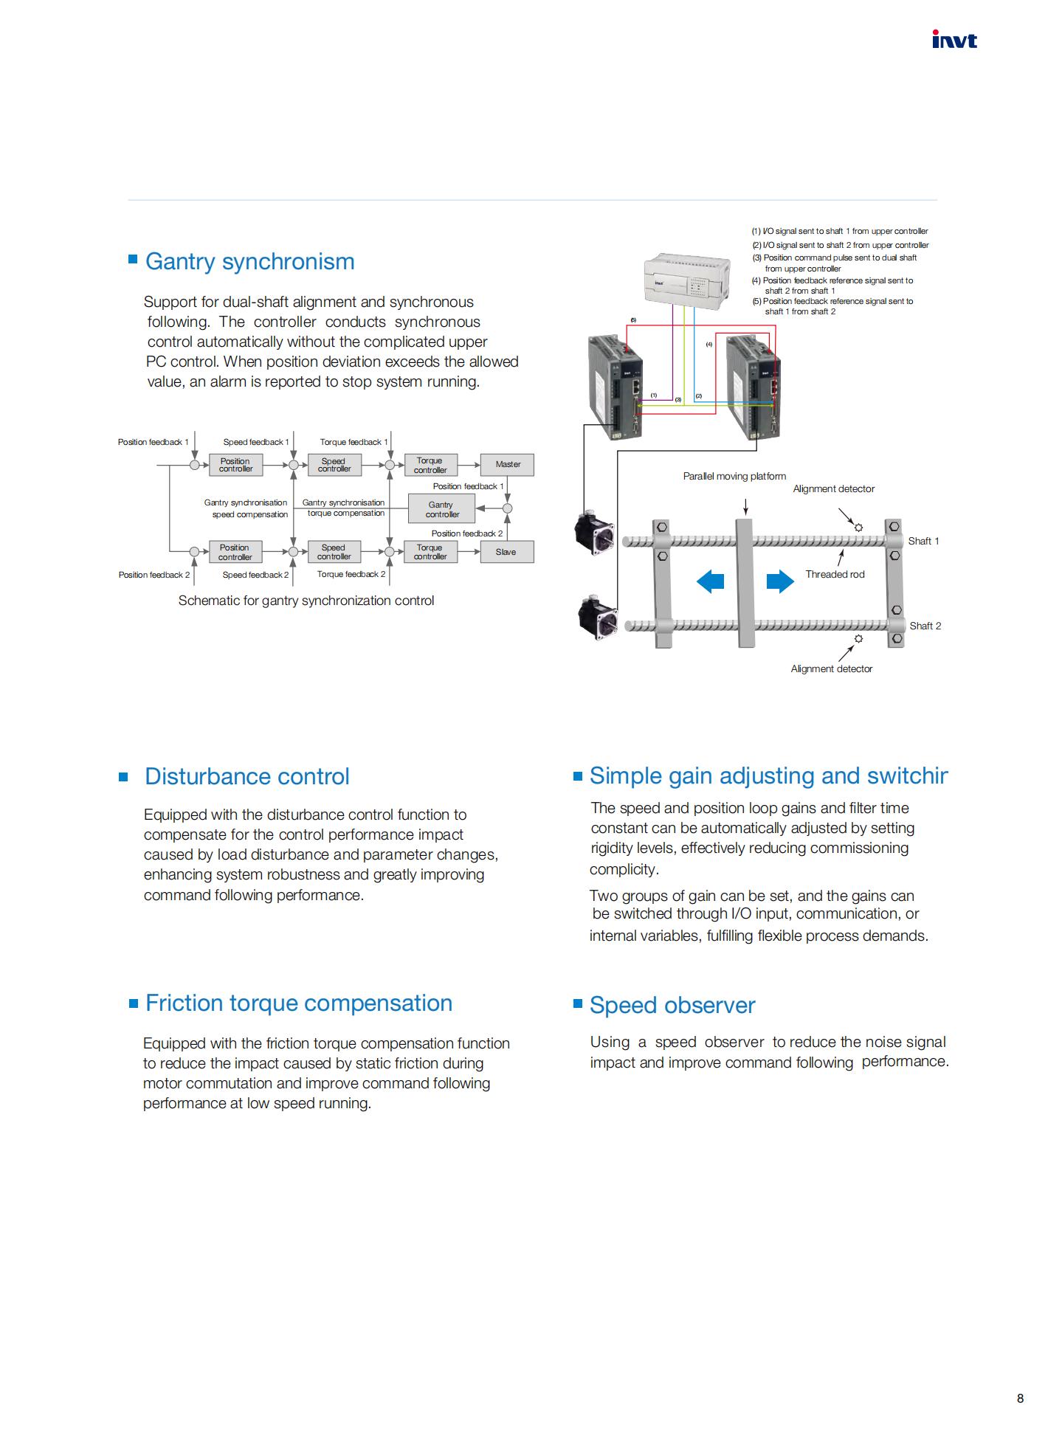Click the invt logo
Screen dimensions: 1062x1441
[x=954, y=40]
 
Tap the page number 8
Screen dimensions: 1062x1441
[x=1020, y=1398]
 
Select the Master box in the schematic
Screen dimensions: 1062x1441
[x=508, y=464]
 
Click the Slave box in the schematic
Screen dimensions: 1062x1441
[x=506, y=552]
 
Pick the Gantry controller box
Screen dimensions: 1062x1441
[x=442, y=509]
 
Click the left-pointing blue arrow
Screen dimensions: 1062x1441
[x=710, y=581]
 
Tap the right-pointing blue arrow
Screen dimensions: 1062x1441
[x=780, y=581]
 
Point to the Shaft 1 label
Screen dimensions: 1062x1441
[x=923, y=541]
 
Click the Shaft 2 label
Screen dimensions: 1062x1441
[x=925, y=626]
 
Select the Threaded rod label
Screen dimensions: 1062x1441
[x=835, y=574]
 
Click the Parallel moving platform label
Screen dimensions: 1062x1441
[x=734, y=476]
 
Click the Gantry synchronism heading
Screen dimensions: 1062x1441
[x=249, y=261]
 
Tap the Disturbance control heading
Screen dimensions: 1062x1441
[x=247, y=776]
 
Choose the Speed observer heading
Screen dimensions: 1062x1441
[x=672, y=1005]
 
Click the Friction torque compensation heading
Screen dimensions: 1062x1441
[x=299, y=1003]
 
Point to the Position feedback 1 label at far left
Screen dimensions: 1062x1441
[x=154, y=442]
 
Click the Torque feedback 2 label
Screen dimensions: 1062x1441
[x=351, y=574]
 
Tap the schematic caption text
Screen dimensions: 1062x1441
[x=306, y=601]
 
